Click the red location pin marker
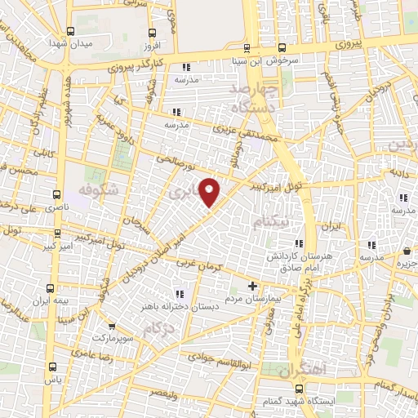coord(211,193)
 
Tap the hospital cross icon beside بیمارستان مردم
coord(253,286)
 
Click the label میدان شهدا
coord(66,42)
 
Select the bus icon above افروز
coord(150,33)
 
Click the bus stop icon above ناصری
coord(56,194)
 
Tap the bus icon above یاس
coord(53,366)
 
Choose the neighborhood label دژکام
coord(158,328)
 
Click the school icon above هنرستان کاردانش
coord(300,243)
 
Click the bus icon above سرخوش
coord(282,47)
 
